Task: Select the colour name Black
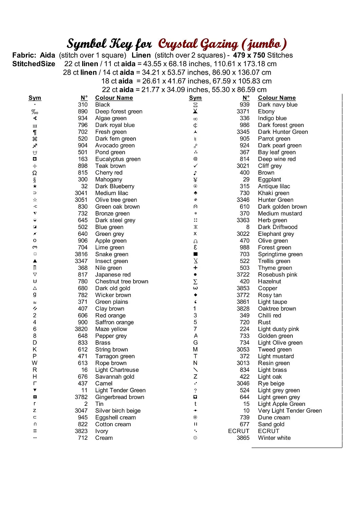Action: pyautogui.click(x=103, y=105)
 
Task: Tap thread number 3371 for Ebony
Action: pyautogui.click(x=243, y=112)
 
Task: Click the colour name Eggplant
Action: pyautogui.click(x=270, y=180)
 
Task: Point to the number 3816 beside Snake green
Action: pyautogui.click(x=81, y=254)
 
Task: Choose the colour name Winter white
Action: pyautogui.click(x=274, y=438)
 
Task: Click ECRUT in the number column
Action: pyautogui.click(x=238, y=431)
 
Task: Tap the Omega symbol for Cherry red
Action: pyautogui.click(x=35, y=173)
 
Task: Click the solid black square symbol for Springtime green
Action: pyautogui.click(x=195, y=254)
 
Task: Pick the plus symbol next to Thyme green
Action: pyautogui.click(x=195, y=268)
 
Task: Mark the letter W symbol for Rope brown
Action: pyautogui.click(x=35, y=363)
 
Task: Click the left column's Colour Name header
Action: pyautogui.click(x=114, y=98)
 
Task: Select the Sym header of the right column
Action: pyautogui.click(x=195, y=98)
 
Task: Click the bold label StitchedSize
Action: pyautogui.click(x=34, y=64)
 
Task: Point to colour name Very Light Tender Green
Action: pyautogui.click(x=290, y=411)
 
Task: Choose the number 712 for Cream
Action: pyautogui.click(x=83, y=438)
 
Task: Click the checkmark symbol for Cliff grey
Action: pyautogui.click(x=195, y=166)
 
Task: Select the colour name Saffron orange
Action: pyautogui.click(x=114, y=322)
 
